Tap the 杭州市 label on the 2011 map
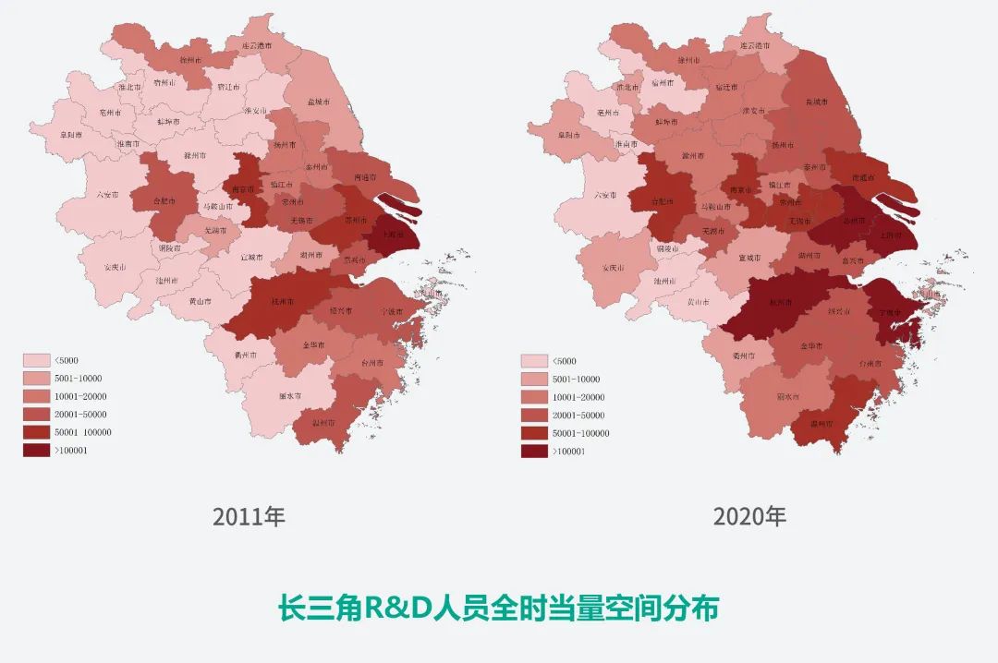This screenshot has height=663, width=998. (x=283, y=301)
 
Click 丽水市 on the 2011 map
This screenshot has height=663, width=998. (x=289, y=396)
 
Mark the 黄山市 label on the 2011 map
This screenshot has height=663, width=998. (x=200, y=301)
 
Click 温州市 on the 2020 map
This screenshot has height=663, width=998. (x=817, y=424)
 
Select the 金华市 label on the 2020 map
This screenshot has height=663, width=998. (x=810, y=345)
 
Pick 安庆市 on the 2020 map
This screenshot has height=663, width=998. (x=614, y=268)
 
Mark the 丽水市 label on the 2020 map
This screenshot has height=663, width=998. (x=787, y=397)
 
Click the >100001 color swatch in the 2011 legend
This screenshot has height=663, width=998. (x=37, y=450)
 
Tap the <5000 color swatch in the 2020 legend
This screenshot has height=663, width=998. (x=534, y=361)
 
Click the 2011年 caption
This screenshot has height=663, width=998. (x=249, y=516)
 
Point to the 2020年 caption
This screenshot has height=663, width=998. (x=748, y=516)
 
